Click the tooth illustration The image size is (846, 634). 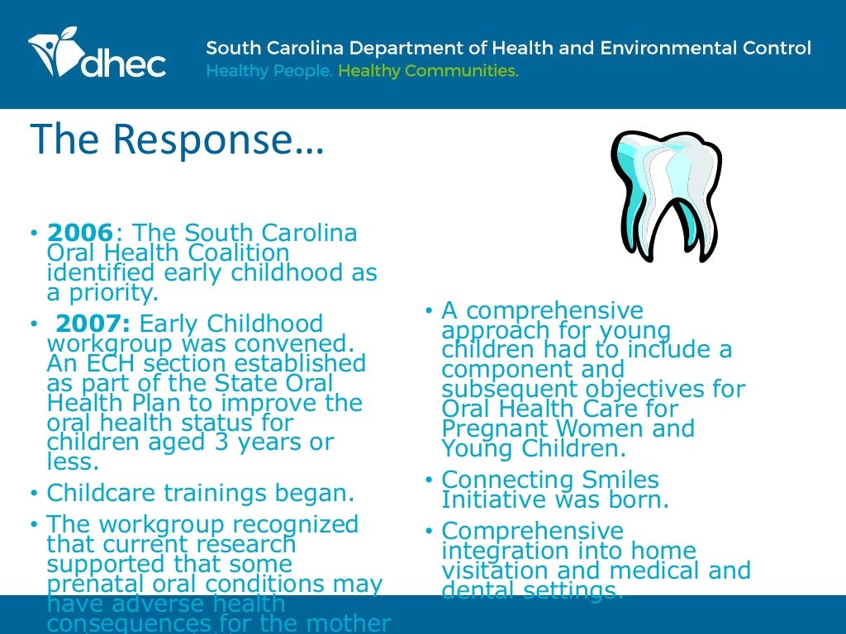click(x=665, y=195)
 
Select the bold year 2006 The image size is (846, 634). click(x=80, y=234)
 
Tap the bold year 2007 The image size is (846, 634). click(x=92, y=324)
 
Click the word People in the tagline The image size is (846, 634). click(x=302, y=71)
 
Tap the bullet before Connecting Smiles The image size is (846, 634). click(x=429, y=480)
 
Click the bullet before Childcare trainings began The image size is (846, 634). click(x=34, y=494)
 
